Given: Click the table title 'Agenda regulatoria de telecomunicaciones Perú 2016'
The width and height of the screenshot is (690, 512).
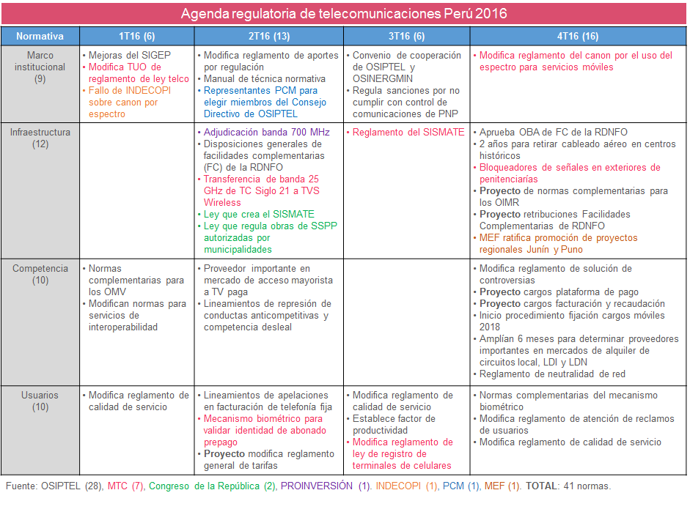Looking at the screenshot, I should (x=344, y=14).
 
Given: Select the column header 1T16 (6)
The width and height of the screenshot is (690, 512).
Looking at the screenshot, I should (x=137, y=36).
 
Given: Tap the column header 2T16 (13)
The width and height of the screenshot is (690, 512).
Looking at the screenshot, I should (x=269, y=36).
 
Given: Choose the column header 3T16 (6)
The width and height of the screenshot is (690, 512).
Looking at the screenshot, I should (x=407, y=36).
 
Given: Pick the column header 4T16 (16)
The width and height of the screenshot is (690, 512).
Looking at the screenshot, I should (x=578, y=36).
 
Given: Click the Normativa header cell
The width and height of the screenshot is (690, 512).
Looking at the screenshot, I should (x=40, y=36).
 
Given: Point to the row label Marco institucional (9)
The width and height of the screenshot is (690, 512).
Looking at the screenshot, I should (x=40, y=67).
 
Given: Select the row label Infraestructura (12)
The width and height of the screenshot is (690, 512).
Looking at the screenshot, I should (x=40, y=138).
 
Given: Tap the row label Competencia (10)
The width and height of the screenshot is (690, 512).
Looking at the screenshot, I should (x=40, y=275).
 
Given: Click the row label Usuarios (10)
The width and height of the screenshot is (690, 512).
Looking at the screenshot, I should (x=40, y=401).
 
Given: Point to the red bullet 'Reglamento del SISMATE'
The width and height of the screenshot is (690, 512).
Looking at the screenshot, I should (x=408, y=133).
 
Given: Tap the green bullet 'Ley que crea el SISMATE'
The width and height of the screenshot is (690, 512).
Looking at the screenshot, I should (x=259, y=215).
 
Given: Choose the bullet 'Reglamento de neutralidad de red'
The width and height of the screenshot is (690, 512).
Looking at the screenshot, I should (x=552, y=374).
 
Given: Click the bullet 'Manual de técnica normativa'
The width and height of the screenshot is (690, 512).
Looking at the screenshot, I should (x=264, y=79).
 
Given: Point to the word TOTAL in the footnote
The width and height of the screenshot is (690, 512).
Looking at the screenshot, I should (x=540, y=486).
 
